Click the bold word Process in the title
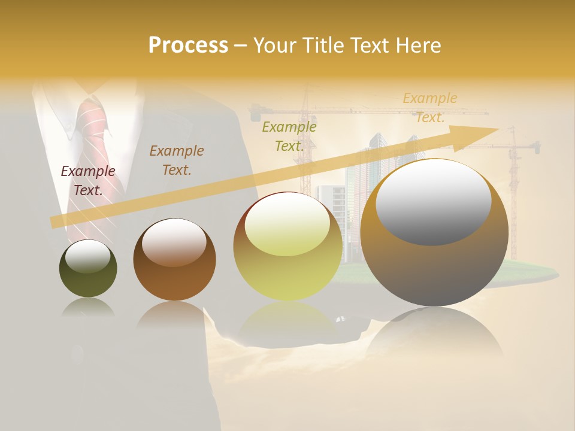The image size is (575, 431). (x=188, y=45)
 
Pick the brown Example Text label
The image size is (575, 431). (x=177, y=160)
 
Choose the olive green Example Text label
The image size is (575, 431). (x=289, y=136)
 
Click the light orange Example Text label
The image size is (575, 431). (x=430, y=108)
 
